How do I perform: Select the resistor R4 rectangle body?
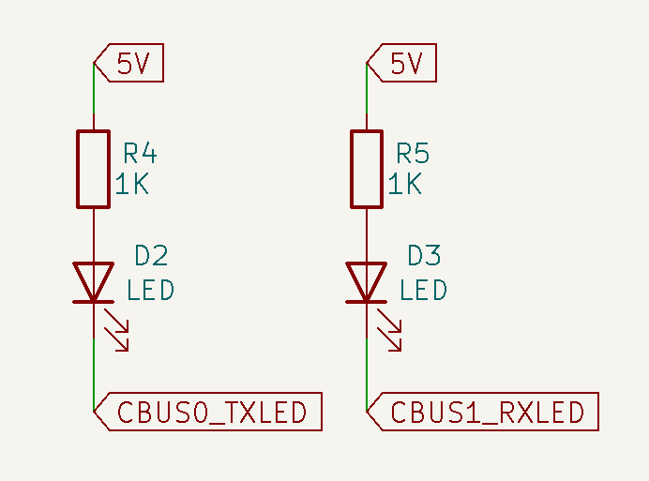pos(94,169)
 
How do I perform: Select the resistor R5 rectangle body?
pos(367,169)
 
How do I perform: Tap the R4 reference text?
pos(140,153)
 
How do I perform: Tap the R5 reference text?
pos(414,153)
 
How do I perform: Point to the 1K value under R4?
pos(132,184)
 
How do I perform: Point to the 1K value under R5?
pos(405,184)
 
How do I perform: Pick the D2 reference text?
pos(151,255)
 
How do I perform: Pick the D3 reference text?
pos(424,255)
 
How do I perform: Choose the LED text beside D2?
pos(150,290)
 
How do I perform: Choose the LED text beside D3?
pos(423,290)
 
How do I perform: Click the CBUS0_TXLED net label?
pos(212,413)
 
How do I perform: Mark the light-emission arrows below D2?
pos(117,330)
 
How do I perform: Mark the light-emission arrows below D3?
pos(390,330)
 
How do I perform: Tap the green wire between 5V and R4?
pos(94,98)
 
